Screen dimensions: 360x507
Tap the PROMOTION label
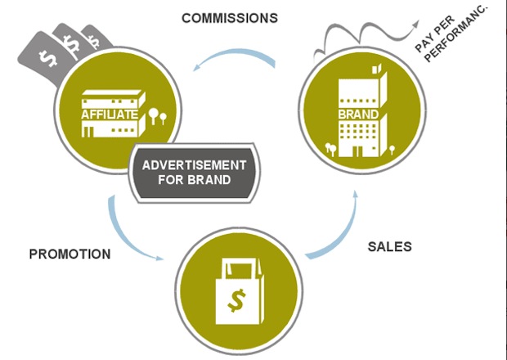pyautogui.click(x=70, y=254)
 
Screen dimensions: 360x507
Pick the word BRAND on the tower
pyautogui.click(x=357, y=113)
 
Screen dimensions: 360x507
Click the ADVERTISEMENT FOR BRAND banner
pyautogui.click(x=194, y=172)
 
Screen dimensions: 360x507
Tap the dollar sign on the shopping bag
pyautogui.click(x=237, y=300)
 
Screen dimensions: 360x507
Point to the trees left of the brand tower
pyautogui.click(x=330, y=148)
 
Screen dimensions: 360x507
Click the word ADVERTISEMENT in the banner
pyautogui.click(x=194, y=164)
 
